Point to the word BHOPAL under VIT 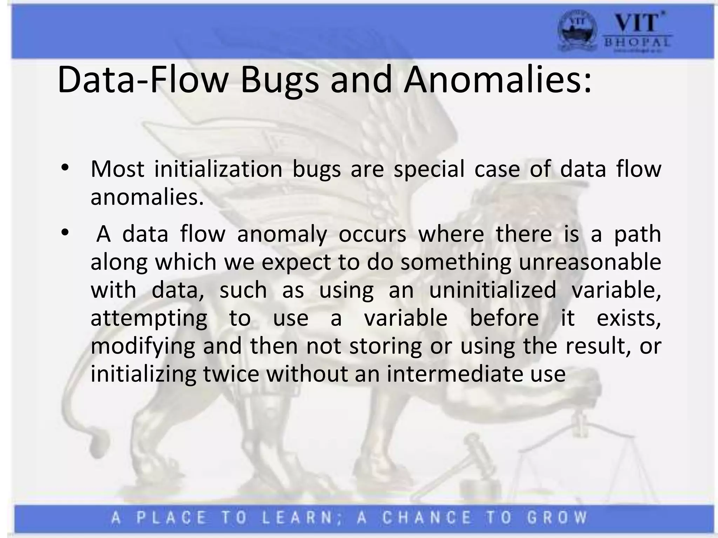(x=637, y=43)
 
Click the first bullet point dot (x=65, y=168)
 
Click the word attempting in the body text (x=149, y=318)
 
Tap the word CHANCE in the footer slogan (x=427, y=517)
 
